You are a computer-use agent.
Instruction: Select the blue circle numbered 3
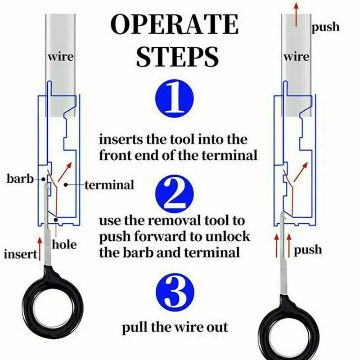(175, 293)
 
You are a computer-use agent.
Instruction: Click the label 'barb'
(20, 179)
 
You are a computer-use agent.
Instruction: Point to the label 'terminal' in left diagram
(109, 184)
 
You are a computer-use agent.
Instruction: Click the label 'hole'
(64, 245)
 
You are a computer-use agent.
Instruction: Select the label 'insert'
(20, 254)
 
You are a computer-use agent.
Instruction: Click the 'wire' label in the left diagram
(60, 57)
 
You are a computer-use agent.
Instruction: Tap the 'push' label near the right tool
(308, 249)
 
